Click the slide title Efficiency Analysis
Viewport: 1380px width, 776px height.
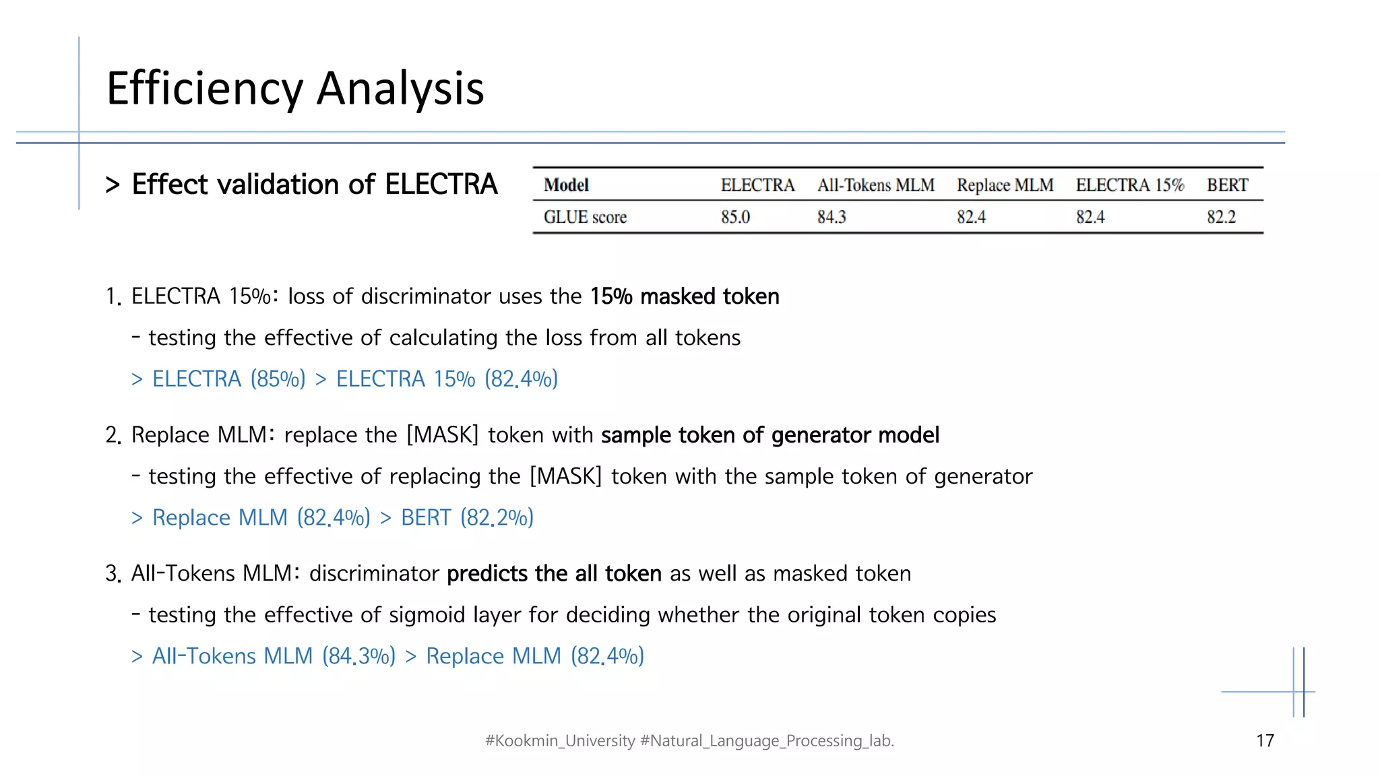pyautogui.click(x=295, y=88)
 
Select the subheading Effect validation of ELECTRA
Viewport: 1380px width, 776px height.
pyautogui.click(x=314, y=184)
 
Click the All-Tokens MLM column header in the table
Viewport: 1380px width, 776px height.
pyautogui.click(x=875, y=185)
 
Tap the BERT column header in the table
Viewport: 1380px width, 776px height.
pyautogui.click(x=1227, y=185)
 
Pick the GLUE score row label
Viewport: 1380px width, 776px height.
pyautogui.click(x=585, y=217)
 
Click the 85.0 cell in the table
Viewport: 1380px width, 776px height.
pyautogui.click(x=735, y=217)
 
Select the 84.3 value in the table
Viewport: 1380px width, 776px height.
pyautogui.click(x=832, y=217)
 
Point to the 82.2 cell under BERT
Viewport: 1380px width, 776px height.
pyautogui.click(x=1221, y=217)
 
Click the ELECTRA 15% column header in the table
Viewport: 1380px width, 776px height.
pyautogui.click(x=1129, y=185)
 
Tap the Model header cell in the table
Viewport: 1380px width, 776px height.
pyautogui.click(x=566, y=185)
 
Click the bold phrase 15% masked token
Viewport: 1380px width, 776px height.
pyautogui.click(x=685, y=296)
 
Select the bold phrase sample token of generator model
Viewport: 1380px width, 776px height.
pyautogui.click(x=770, y=435)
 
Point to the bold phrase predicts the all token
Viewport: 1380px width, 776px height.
pyautogui.click(x=554, y=573)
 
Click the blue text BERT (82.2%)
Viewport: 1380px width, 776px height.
pyautogui.click(x=467, y=517)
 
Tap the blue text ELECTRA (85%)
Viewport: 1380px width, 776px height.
pyautogui.click(x=229, y=379)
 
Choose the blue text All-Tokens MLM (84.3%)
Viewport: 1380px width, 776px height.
pyautogui.click(x=274, y=656)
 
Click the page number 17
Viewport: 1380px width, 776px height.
pyautogui.click(x=1265, y=741)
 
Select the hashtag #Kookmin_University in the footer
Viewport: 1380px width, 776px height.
pyautogui.click(x=560, y=741)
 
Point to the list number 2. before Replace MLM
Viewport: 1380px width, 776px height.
pyautogui.click(x=113, y=435)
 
